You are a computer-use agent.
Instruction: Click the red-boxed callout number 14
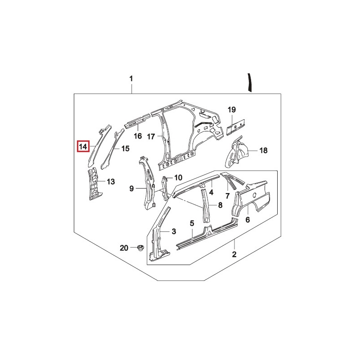pyautogui.click(x=83, y=146)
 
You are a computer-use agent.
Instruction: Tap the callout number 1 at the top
pyautogui.click(x=131, y=79)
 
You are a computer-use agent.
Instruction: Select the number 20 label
pyautogui.click(x=124, y=248)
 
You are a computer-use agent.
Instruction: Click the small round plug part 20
pyautogui.click(x=139, y=248)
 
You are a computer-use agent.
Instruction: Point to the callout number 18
pyautogui.click(x=263, y=150)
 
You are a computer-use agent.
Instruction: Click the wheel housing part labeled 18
pyautogui.click(x=237, y=153)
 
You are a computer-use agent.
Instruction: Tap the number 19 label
pyautogui.click(x=232, y=109)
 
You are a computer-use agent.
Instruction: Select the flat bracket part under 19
pyautogui.click(x=235, y=127)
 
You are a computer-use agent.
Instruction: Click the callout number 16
pyautogui.click(x=138, y=136)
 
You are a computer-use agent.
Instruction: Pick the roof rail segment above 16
pyautogui.click(x=137, y=120)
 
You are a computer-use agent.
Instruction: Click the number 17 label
pyautogui.click(x=151, y=137)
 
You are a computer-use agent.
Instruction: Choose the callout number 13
pyautogui.click(x=111, y=182)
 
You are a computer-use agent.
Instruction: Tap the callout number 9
pyautogui.click(x=131, y=189)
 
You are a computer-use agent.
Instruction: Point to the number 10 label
pyautogui.click(x=178, y=177)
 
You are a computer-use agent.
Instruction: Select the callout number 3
pyautogui.click(x=174, y=231)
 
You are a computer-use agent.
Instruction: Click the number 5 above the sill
pyautogui.click(x=192, y=223)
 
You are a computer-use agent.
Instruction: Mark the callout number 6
pyautogui.click(x=247, y=220)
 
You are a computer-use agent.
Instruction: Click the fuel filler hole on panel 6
pyautogui.click(x=254, y=195)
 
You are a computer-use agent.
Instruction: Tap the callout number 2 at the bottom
pyautogui.click(x=234, y=254)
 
